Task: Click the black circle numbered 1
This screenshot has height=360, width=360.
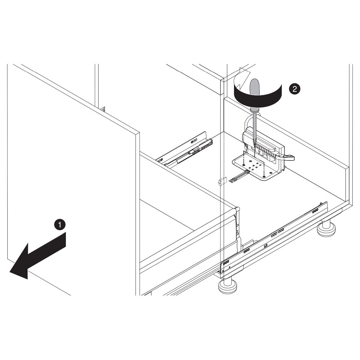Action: pos(60,225)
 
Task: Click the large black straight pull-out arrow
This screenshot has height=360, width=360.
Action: pos(37,256)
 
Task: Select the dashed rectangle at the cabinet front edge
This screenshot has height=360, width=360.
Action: pos(223,181)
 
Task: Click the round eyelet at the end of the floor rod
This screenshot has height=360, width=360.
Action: pos(232,181)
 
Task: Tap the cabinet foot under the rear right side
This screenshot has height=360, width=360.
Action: pos(326,229)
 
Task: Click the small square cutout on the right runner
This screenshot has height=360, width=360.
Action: pos(265,246)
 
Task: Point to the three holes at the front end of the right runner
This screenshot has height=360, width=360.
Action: pos(226,263)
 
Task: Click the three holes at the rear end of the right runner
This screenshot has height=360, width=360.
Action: pos(315,211)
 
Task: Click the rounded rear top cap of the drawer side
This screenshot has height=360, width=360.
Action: pos(238,208)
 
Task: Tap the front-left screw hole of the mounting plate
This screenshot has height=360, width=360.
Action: pos(244,165)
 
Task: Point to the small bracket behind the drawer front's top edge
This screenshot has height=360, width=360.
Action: pos(103,109)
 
